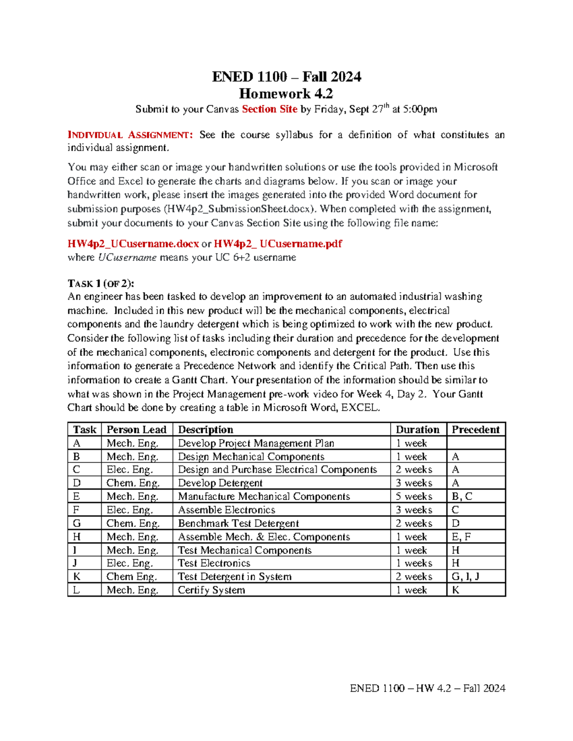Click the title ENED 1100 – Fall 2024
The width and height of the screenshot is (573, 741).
[x=286, y=77]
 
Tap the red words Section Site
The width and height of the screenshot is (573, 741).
[x=269, y=109]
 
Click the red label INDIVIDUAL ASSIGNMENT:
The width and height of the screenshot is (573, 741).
[x=130, y=135]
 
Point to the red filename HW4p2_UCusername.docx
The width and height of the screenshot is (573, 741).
[x=133, y=244]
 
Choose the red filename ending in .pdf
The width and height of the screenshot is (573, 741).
[x=278, y=244]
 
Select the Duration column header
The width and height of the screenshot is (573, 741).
[x=417, y=429]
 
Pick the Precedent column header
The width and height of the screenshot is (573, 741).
[x=475, y=429]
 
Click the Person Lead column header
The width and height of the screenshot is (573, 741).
[x=136, y=429]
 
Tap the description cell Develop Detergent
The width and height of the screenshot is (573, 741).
[x=220, y=483]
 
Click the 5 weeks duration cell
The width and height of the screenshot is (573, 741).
[x=414, y=497]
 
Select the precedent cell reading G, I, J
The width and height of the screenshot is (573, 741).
[x=465, y=576]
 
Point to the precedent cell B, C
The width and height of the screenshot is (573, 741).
[x=462, y=497]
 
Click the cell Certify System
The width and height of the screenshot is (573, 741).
[x=211, y=590]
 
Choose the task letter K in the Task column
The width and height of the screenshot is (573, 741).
[x=76, y=576]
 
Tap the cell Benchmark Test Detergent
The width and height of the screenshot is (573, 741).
[x=238, y=523]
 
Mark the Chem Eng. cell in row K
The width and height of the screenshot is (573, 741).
[x=131, y=576]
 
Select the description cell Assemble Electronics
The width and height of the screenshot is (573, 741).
[x=226, y=510]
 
